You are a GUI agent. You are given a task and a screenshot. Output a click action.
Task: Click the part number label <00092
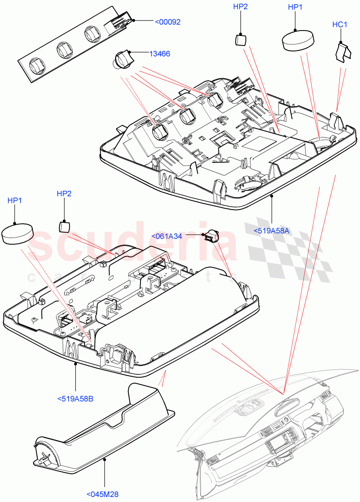click(168, 22)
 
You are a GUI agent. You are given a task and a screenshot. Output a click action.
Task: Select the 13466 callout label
click(159, 54)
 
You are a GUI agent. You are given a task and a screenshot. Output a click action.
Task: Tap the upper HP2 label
click(240, 7)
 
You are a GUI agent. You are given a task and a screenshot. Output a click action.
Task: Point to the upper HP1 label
click(295, 7)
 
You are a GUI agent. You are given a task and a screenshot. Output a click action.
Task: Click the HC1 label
click(340, 25)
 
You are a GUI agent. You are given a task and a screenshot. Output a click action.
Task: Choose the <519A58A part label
click(271, 230)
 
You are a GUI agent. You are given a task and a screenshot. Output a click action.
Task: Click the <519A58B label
click(75, 399)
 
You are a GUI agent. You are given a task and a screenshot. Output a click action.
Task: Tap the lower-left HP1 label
click(15, 201)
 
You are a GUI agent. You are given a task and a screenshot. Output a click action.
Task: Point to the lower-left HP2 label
click(64, 193)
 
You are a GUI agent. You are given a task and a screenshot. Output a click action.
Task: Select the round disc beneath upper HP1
click(297, 41)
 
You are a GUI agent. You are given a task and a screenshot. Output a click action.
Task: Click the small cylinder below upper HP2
click(240, 40)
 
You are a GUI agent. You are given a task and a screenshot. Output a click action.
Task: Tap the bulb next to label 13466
click(123, 59)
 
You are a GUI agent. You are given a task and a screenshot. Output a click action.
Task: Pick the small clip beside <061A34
click(212, 236)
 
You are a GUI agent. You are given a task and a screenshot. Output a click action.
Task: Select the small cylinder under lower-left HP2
click(64, 226)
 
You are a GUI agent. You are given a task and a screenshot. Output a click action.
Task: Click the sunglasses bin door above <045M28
click(105, 427)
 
